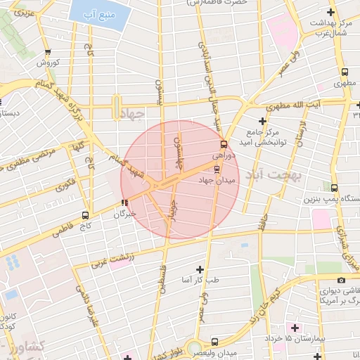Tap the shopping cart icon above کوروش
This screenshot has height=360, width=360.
click(x=47, y=52)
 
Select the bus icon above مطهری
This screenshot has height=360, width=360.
click(x=344, y=72)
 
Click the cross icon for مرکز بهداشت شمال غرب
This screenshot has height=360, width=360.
click(x=331, y=13)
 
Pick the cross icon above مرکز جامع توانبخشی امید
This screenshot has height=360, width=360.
click(x=262, y=121)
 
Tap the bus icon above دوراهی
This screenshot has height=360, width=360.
click(x=224, y=144)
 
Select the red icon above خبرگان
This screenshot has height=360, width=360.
click(x=124, y=202)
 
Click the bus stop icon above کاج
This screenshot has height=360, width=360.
click(x=85, y=214)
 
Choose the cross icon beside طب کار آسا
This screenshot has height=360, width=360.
click(x=200, y=269)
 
